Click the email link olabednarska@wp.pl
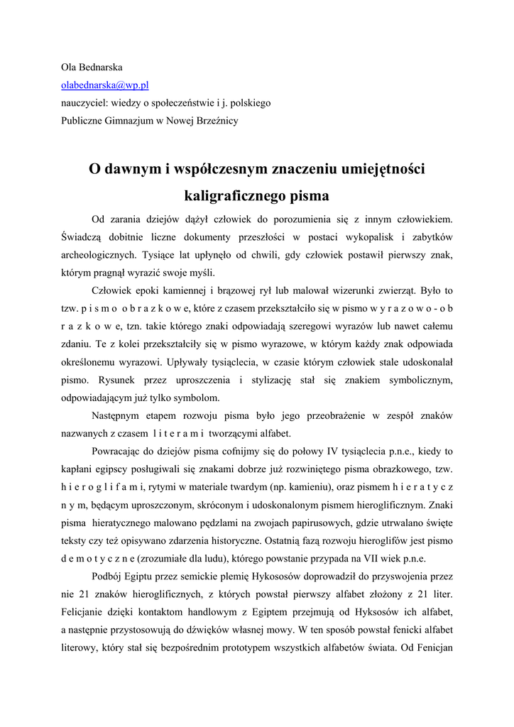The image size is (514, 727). point(104,85)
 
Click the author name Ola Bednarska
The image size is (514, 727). point(92,67)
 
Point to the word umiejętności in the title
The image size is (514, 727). point(383,169)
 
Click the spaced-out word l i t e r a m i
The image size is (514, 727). point(178,434)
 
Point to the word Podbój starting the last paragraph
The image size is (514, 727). point(107,576)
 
